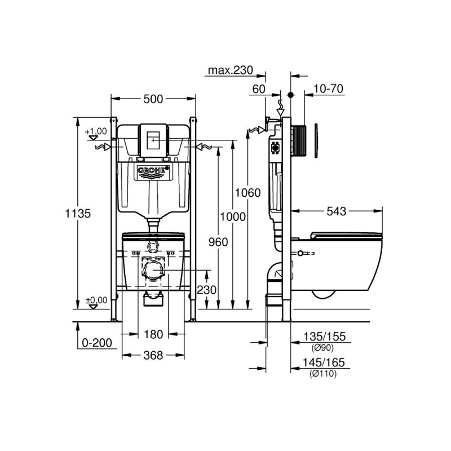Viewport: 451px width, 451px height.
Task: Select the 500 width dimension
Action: coord(153,99)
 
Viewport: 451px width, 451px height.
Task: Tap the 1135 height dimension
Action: coord(78,214)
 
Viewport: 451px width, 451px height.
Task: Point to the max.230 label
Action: coord(231,70)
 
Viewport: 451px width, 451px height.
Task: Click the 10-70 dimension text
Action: coord(328,89)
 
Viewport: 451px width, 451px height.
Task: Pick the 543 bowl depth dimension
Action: coord(336,211)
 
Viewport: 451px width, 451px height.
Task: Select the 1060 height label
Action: coord(248,193)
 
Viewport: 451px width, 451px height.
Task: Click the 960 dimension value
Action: coord(218,242)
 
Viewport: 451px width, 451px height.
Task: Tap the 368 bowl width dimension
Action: coord(153,356)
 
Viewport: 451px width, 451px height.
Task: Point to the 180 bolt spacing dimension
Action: coord(153,334)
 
